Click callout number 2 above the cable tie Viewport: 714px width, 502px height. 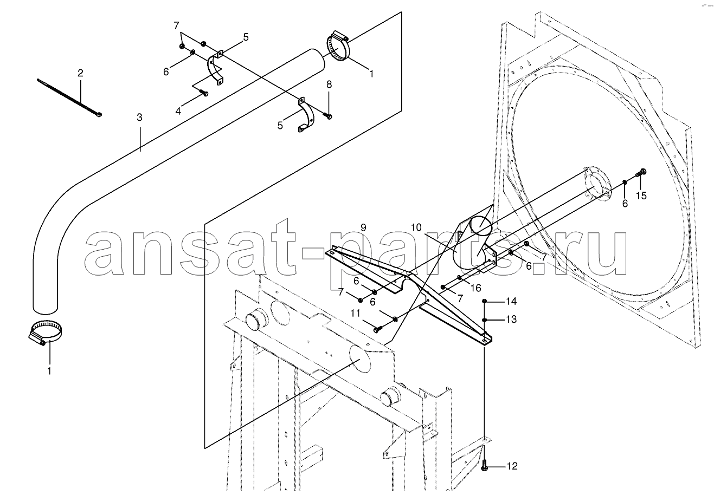80,73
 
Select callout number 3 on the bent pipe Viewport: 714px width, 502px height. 139,117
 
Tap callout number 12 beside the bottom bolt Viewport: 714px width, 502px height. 512,466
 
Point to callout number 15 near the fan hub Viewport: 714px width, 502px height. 641,195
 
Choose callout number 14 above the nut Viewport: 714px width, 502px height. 512,301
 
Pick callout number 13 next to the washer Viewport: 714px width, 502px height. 512,320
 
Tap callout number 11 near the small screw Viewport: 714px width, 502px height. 355,313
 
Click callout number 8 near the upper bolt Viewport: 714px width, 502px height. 329,84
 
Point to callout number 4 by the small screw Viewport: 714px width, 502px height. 178,112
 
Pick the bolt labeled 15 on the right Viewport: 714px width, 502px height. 642,172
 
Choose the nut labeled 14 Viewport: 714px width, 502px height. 485,301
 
